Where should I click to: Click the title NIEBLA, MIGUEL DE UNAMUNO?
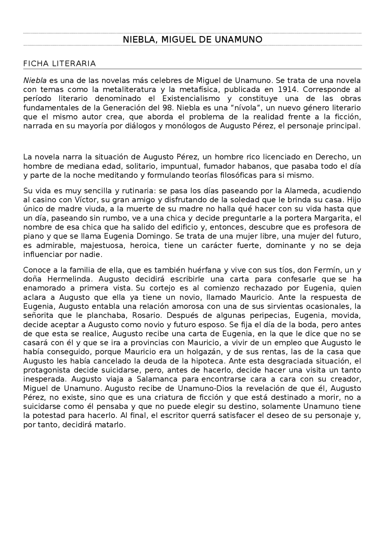tap(192, 39)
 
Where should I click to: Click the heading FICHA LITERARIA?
tap(59, 63)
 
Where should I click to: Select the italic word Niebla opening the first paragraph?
tap(35, 80)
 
